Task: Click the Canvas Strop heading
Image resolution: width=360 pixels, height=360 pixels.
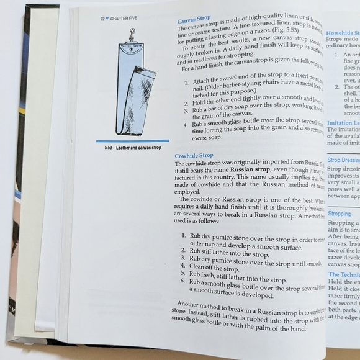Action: point(195,20)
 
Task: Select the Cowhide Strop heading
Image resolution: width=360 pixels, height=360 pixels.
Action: point(194,155)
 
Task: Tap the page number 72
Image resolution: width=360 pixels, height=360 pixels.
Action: point(102,19)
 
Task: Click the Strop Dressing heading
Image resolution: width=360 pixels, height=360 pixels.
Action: point(342,160)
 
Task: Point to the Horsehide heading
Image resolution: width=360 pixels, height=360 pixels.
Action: point(342,32)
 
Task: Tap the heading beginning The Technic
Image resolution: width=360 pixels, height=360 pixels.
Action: point(343,274)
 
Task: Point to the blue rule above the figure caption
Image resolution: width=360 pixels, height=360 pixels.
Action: point(133,142)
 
